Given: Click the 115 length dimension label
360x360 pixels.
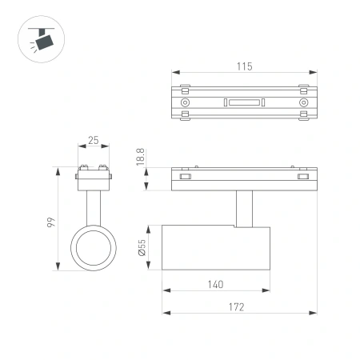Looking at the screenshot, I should click(x=245, y=66).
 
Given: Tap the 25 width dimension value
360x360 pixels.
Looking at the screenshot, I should click(x=93, y=141).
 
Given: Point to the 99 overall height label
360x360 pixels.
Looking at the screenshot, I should click(x=50, y=219).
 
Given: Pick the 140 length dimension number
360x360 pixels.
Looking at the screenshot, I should click(x=216, y=283).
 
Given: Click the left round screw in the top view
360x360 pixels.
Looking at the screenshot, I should click(x=186, y=102).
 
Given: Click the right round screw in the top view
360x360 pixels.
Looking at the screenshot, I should click(x=303, y=102).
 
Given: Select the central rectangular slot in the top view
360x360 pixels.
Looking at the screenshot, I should click(x=244, y=102).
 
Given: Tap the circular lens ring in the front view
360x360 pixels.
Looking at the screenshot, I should click(x=93, y=248).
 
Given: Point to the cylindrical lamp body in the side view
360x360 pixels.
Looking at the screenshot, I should click(x=216, y=248).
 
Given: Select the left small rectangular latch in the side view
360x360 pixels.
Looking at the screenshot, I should click(x=185, y=177).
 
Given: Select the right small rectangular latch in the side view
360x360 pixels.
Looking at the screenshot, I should click(x=303, y=177).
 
